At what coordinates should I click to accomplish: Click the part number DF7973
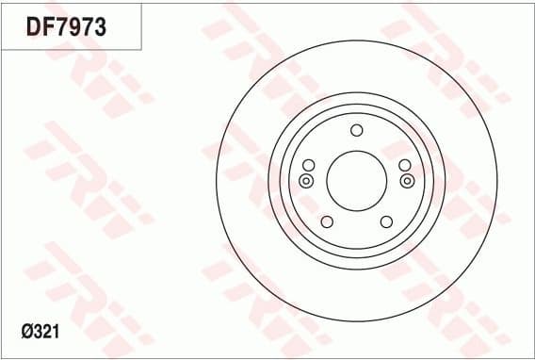coord(66,27)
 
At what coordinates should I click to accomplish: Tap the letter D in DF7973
coord(34,27)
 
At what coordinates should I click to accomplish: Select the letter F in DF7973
coord(48,27)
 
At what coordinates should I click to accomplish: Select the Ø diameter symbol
coord(26,333)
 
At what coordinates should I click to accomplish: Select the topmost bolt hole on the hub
coord(356,131)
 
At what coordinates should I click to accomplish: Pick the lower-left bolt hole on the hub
coord(327,221)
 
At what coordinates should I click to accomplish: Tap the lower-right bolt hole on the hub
coord(385,221)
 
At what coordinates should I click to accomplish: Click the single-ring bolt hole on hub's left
coord(307,165)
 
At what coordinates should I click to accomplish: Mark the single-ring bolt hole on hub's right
coord(405,165)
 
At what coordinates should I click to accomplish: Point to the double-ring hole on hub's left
coord(305,180)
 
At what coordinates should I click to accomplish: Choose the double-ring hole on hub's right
coord(407,180)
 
